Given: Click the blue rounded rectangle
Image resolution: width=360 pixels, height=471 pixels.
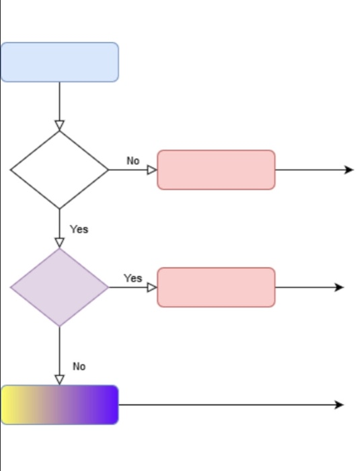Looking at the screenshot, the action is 60,62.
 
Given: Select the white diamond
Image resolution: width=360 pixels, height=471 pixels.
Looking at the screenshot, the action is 59,170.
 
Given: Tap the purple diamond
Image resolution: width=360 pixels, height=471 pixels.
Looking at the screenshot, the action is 59,287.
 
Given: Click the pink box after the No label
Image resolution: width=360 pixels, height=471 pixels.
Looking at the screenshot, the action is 216,170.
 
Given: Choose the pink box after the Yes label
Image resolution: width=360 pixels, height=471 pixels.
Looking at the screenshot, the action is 216,287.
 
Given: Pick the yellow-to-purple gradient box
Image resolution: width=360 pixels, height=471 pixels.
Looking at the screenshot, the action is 60,405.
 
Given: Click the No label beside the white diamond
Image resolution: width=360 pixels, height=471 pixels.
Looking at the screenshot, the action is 133,161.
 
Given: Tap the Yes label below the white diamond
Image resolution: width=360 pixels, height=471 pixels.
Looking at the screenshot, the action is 79,229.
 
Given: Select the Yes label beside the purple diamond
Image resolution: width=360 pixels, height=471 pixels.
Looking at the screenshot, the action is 133,279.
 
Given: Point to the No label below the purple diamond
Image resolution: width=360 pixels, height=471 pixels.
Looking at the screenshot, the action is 79,367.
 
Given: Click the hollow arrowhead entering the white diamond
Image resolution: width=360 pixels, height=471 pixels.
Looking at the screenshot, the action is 59,125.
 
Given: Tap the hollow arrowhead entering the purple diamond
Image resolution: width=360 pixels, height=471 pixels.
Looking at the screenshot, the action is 59,243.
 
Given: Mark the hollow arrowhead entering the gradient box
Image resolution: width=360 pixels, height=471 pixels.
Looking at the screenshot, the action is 59,380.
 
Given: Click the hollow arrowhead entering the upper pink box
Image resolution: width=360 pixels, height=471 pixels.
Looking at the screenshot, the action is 152,170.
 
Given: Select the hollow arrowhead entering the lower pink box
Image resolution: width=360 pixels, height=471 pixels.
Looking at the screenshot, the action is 152,287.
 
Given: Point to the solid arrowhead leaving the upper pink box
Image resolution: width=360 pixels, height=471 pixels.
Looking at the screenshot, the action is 349,170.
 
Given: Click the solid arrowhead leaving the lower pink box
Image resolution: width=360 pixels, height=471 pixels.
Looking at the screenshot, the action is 339,287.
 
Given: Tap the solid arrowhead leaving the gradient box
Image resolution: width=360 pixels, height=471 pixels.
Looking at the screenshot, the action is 339,405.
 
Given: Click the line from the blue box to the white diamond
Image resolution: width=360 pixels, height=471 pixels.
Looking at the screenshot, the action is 59,102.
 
